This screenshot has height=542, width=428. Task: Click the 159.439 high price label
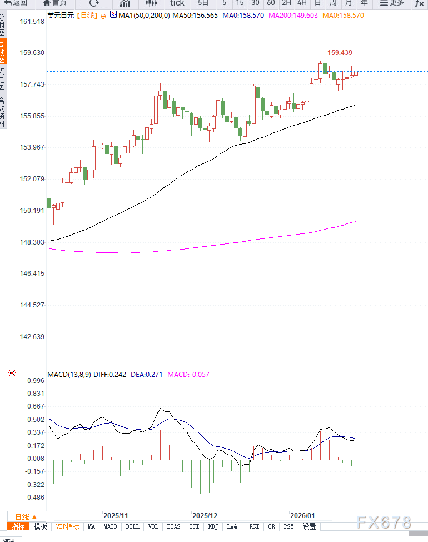coord(340,53)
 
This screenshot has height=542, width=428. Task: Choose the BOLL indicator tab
coord(133,526)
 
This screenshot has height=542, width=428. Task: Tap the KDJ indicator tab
coord(213,526)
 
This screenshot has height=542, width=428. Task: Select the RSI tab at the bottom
coord(254,526)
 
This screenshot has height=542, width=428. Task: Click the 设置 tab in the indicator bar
coord(310,526)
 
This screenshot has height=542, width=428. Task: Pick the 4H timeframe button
coord(302,3)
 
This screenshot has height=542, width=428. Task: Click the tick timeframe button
coord(177,3)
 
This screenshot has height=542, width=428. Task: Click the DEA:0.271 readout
coord(147,374)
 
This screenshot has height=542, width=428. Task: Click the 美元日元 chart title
coord(60,16)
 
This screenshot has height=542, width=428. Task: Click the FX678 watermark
coord(384,523)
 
